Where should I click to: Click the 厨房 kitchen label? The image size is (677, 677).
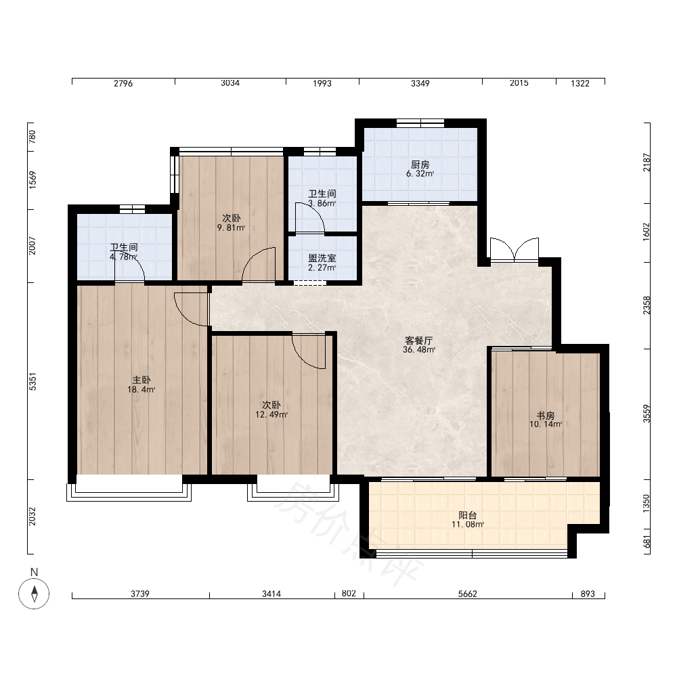click(420, 165)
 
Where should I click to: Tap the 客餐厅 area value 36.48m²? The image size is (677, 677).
click(419, 350)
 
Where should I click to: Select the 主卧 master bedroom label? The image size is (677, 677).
click(141, 380)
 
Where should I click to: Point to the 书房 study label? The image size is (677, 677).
click(545, 416)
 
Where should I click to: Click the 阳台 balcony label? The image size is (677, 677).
click(468, 515)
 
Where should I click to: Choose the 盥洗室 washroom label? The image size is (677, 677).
click(322, 258)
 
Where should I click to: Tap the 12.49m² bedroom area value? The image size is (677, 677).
click(271, 414)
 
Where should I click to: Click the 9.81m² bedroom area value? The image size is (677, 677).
click(232, 227)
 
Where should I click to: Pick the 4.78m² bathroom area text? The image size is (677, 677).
click(124, 257)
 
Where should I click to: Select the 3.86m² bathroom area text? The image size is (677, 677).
click(322, 203)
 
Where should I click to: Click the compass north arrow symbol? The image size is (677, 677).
click(34, 593)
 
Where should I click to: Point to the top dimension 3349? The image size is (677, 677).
click(420, 83)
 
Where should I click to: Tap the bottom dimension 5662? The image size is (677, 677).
click(468, 594)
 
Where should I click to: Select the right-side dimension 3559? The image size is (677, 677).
click(647, 414)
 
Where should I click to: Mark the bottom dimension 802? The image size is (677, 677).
click(349, 593)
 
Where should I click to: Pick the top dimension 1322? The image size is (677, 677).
click(580, 83)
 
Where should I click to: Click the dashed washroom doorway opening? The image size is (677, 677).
click(309, 283)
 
